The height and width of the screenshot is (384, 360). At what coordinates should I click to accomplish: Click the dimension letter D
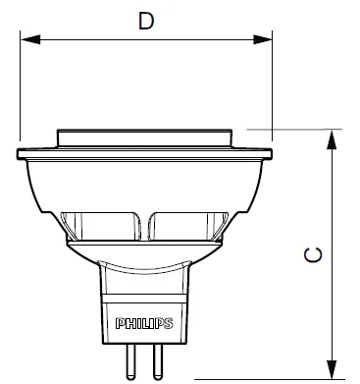tap(146, 21)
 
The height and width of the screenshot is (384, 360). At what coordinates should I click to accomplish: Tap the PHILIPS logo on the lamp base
tap(144, 321)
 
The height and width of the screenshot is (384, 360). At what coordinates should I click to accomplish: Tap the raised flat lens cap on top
tap(144, 135)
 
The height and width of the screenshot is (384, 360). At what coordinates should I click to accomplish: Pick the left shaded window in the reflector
tap(102, 227)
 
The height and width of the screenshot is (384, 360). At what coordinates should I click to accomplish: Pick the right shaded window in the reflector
tap(188, 227)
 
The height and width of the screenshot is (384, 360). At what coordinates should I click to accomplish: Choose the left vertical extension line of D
tap(19, 88)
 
